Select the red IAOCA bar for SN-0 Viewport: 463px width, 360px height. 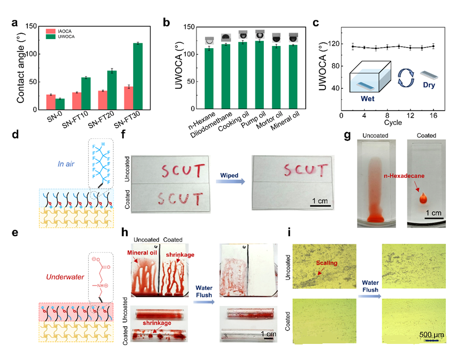pyautogui.click(x=50, y=102)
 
